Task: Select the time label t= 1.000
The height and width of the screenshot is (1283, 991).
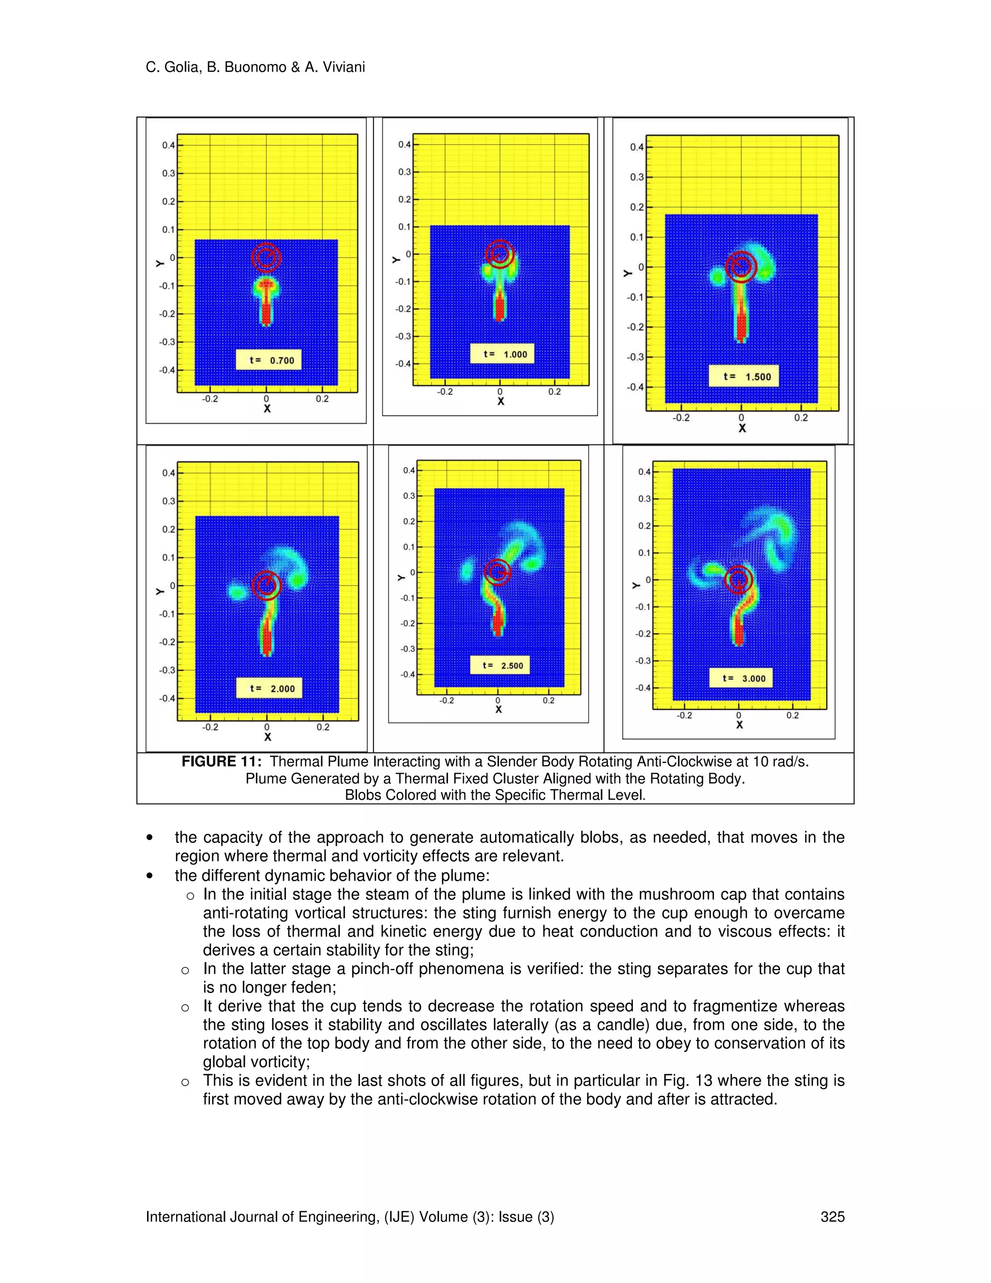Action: [502, 354]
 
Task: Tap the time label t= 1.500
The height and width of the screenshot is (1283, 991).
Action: [743, 377]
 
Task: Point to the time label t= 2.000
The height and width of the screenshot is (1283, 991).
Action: [269, 688]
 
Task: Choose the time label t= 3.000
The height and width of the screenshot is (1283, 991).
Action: [740, 678]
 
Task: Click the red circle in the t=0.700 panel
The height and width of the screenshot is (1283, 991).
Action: [266, 257]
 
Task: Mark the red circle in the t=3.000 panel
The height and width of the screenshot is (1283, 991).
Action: [738, 580]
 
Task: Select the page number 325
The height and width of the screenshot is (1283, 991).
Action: [832, 1217]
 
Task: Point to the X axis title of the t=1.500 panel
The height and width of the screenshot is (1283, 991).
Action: [742, 428]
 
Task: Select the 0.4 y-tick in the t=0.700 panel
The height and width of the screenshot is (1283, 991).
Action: [168, 145]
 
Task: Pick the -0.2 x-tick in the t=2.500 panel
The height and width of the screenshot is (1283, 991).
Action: [446, 700]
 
